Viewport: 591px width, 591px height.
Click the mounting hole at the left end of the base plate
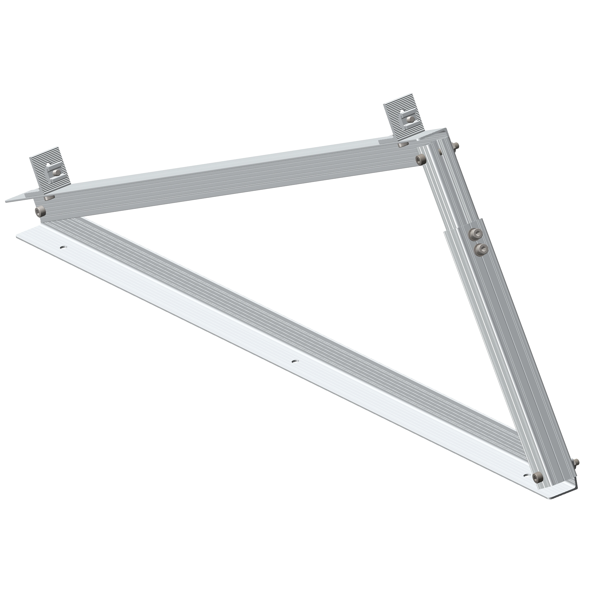point(63,247)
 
